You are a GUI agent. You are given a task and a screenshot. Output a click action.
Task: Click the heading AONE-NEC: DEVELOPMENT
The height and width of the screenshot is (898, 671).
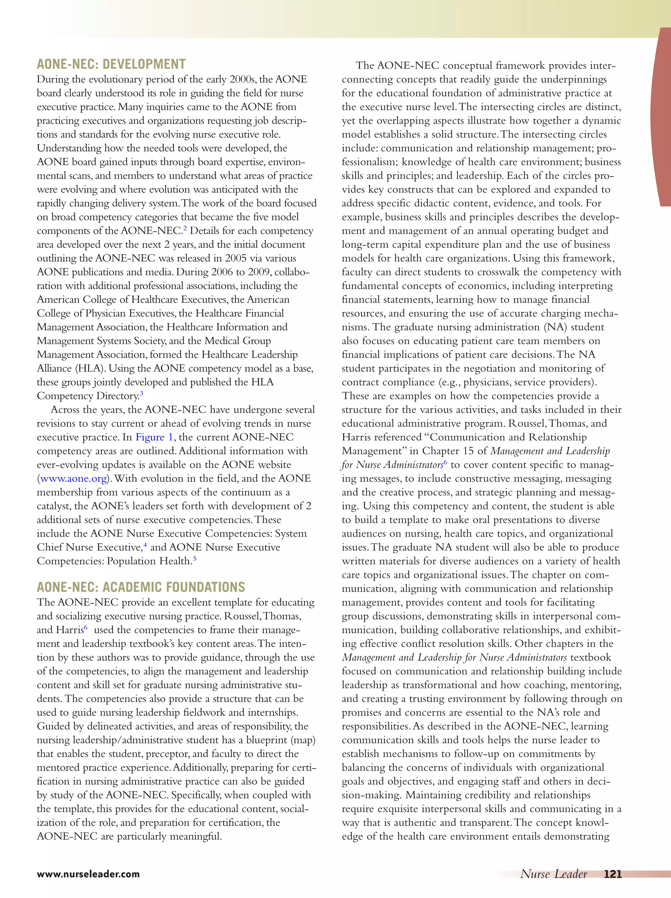click(111, 65)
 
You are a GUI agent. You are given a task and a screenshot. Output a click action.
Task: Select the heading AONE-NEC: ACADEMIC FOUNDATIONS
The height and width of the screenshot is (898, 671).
click(141, 587)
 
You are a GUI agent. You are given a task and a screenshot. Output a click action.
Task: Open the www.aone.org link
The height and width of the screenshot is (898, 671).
click(73, 479)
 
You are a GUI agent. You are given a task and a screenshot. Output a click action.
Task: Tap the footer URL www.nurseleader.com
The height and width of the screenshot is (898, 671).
click(88, 874)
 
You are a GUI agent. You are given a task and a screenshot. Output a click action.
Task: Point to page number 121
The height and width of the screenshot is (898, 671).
click(613, 874)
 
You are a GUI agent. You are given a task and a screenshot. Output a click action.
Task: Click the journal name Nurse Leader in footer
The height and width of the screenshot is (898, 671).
click(554, 874)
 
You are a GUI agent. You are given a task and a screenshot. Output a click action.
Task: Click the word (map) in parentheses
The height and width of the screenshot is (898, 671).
click(304, 740)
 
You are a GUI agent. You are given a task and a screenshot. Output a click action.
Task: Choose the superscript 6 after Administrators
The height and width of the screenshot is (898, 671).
click(445, 462)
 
